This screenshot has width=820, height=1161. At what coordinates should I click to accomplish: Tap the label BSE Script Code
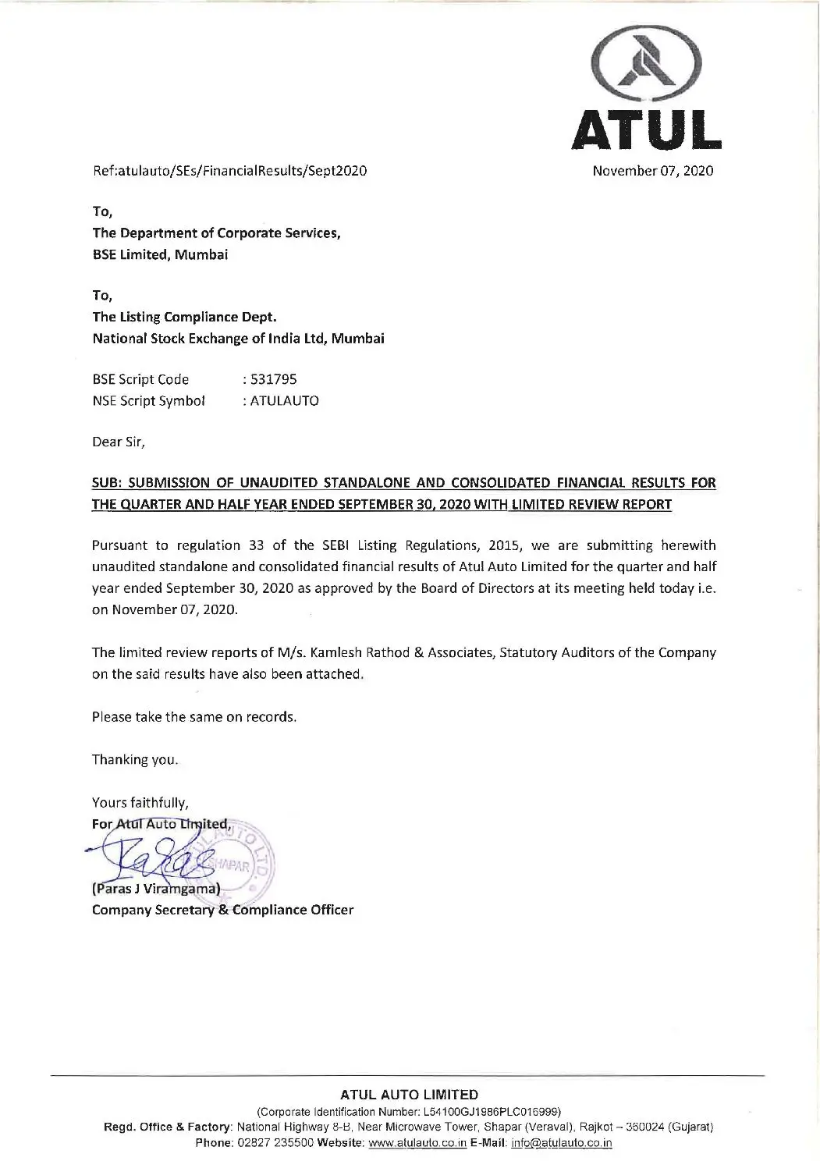click(x=140, y=380)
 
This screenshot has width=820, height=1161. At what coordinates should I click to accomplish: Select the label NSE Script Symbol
click(x=148, y=401)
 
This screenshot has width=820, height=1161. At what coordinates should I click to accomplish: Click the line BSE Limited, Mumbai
click(x=160, y=254)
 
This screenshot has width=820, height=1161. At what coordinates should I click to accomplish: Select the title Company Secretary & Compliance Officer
click(x=222, y=910)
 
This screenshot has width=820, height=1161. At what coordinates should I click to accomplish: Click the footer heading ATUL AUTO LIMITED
click(x=410, y=1095)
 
